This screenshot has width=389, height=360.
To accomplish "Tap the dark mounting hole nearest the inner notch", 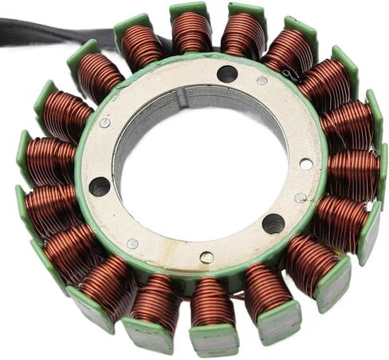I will [x=227, y=74].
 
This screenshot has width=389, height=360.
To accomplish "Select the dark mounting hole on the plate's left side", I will [x=100, y=186].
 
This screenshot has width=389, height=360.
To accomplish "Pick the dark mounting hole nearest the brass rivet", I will [x=273, y=223].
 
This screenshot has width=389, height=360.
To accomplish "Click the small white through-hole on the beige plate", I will [x=306, y=163].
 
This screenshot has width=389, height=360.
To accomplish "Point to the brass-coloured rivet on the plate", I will [x=206, y=256].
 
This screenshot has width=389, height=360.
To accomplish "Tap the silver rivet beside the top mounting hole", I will [x=262, y=80].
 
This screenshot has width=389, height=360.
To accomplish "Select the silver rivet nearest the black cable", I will [x=104, y=123].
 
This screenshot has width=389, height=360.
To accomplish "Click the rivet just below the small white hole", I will [x=300, y=198].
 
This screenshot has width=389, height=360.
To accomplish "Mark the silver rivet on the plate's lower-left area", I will [x=132, y=244].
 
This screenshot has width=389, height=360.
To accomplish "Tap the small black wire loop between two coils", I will [x=292, y=73].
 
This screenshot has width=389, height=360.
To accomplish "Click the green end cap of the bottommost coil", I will [x=214, y=341].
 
